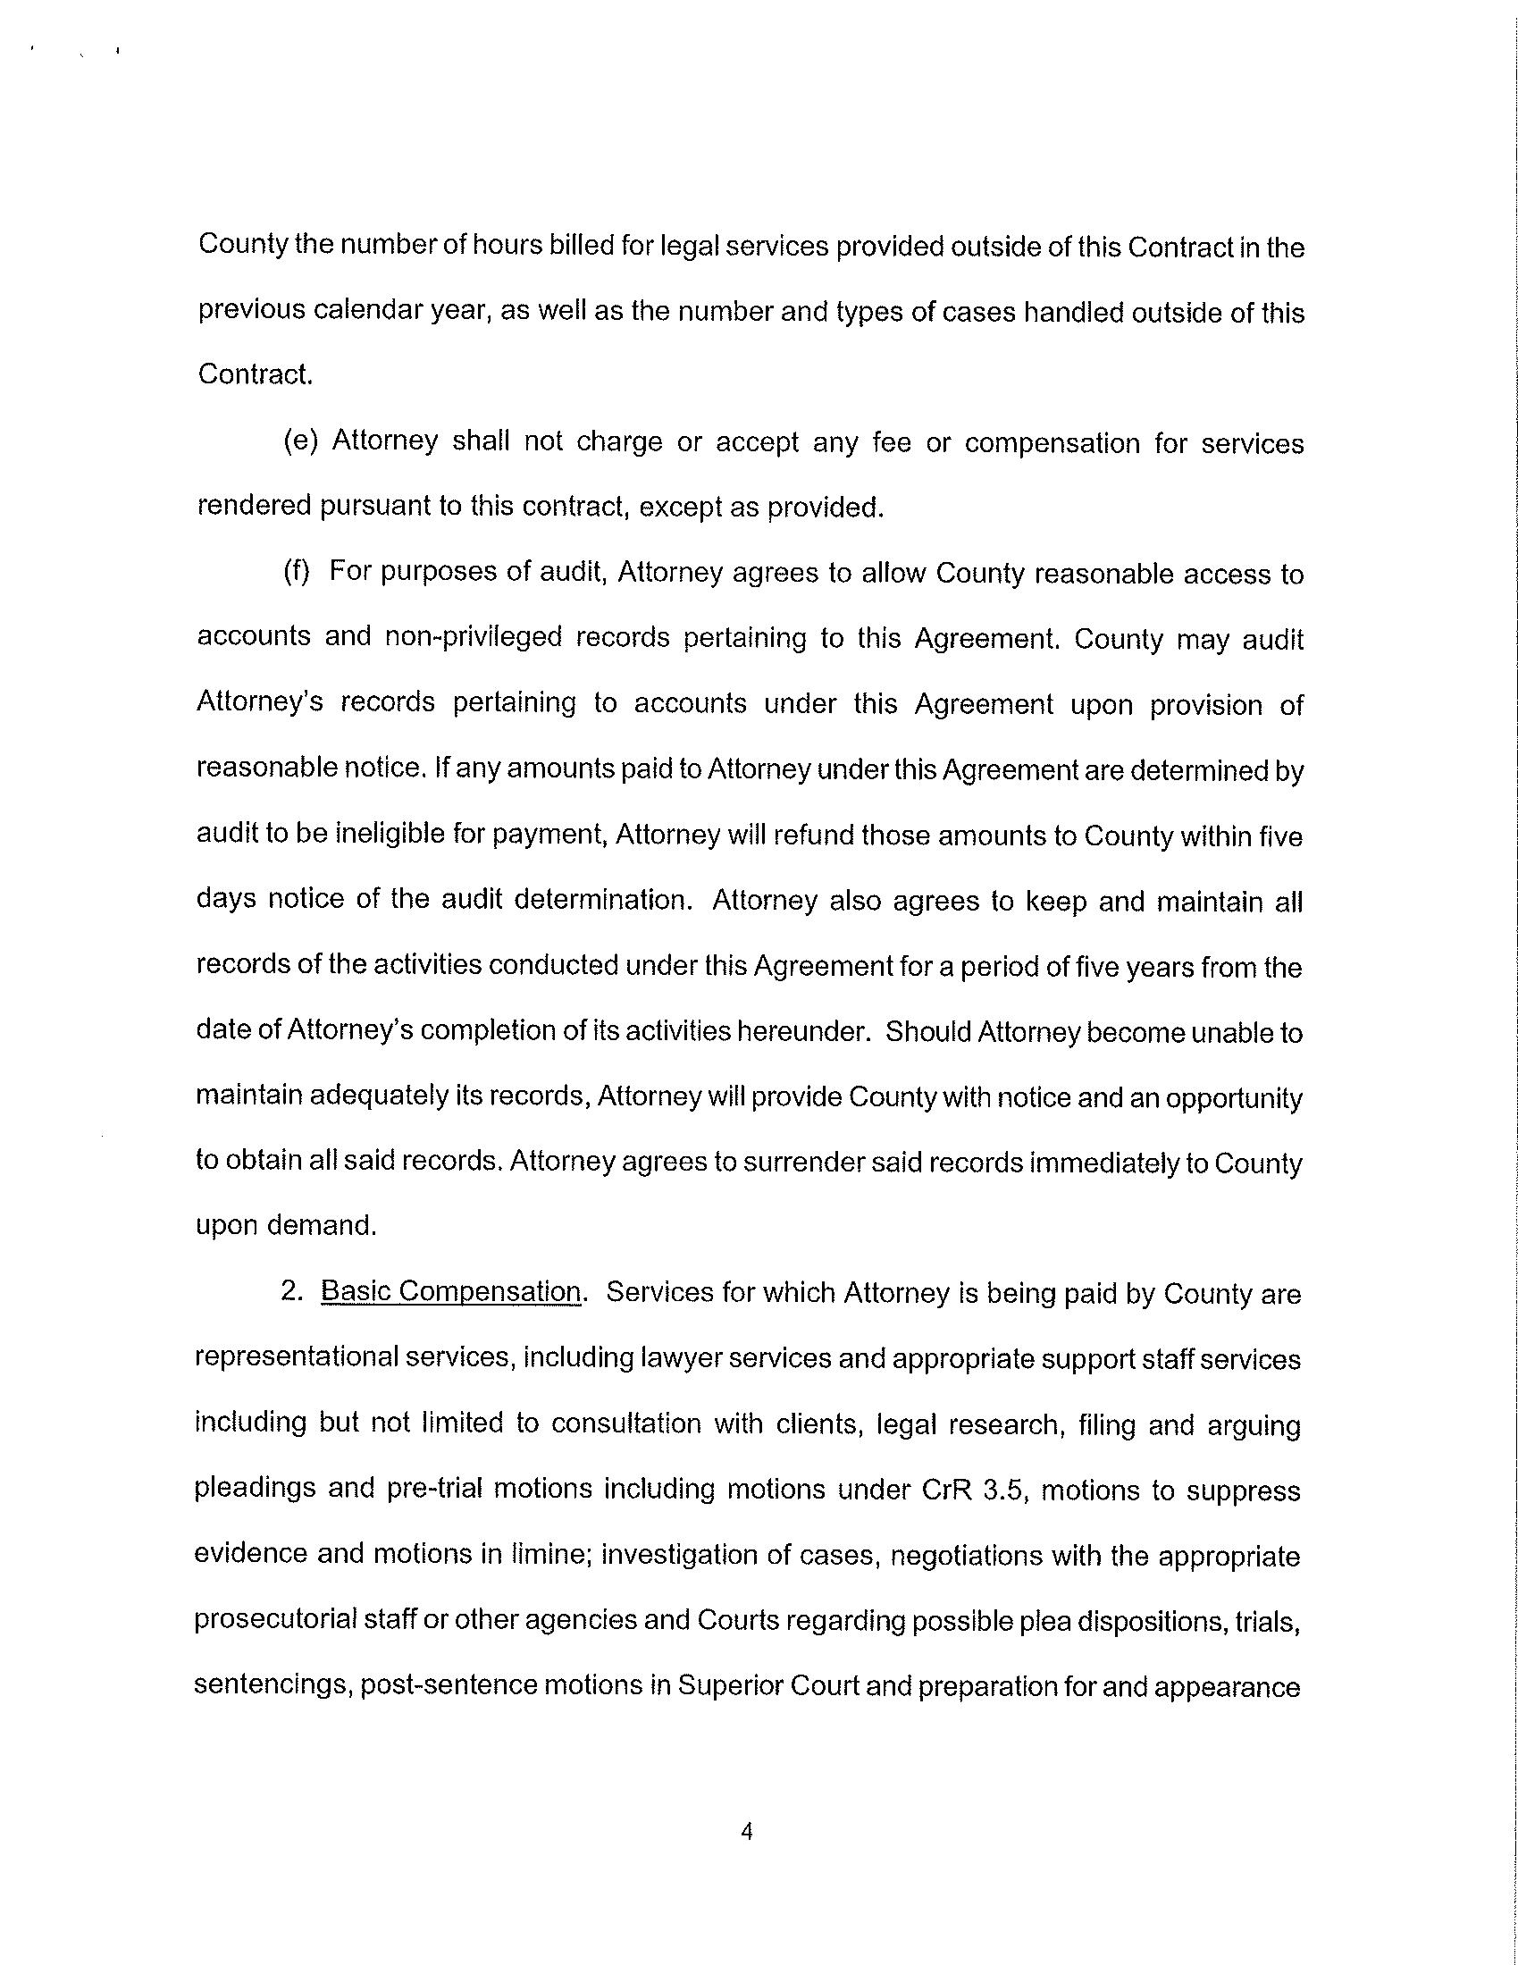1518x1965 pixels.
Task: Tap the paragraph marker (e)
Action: [x=300, y=441]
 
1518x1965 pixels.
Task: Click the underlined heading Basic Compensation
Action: [x=451, y=1293]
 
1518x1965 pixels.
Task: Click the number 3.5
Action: [x=1005, y=1490]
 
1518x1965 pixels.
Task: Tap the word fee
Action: [x=891, y=442]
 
